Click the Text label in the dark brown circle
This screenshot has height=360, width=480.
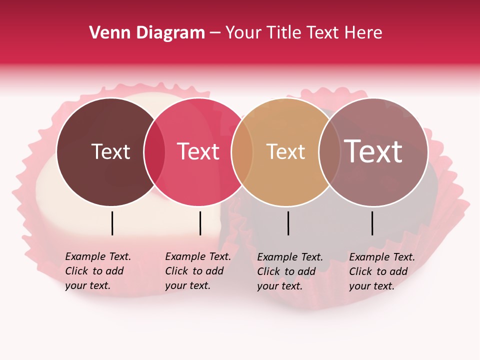click(110, 151)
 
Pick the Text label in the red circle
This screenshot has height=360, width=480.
click(198, 151)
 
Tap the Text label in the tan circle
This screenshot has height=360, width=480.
click(285, 151)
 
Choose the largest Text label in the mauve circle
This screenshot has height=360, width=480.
click(373, 151)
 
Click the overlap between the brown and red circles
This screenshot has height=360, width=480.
click(154, 152)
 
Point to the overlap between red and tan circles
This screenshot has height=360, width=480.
click(242, 152)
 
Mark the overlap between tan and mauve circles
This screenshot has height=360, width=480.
click(329, 152)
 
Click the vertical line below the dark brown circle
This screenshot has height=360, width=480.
click(112, 223)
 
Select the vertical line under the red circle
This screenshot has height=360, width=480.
click(200, 223)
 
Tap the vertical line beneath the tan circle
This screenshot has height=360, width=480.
click(288, 223)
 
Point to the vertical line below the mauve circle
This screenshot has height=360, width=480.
click(372, 223)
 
